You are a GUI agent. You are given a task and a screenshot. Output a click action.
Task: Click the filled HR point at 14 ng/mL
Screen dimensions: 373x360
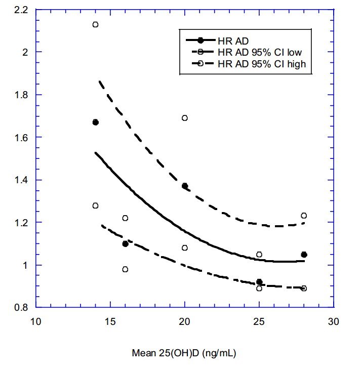(95, 122)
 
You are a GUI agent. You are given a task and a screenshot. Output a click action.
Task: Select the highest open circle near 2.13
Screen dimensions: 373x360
(95, 24)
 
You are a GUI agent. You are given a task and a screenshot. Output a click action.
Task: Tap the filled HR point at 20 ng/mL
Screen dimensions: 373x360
(185, 186)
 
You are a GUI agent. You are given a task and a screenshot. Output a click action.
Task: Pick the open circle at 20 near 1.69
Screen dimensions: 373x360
(185, 118)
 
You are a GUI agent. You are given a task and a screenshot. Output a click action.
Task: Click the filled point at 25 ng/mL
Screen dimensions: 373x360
(259, 282)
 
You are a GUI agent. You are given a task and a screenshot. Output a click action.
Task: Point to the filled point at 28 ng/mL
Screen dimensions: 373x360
(304, 255)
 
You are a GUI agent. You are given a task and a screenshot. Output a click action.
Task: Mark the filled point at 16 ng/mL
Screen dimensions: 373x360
(125, 243)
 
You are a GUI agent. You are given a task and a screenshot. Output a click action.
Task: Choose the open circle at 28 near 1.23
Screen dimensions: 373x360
(304, 216)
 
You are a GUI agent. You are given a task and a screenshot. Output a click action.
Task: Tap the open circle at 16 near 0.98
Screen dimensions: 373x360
(125, 269)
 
